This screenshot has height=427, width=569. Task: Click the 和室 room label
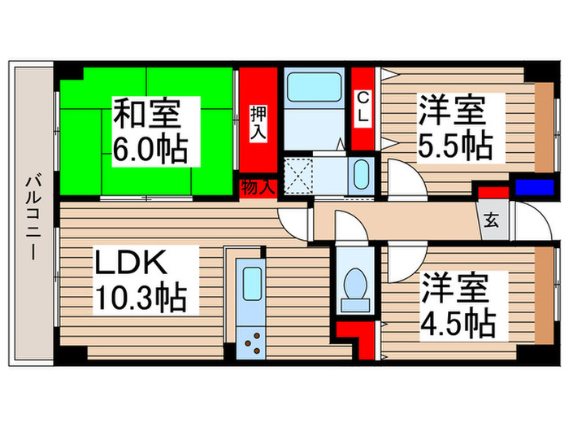[146, 112]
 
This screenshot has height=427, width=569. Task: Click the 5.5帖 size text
[454, 146]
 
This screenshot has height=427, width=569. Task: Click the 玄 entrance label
[493, 220]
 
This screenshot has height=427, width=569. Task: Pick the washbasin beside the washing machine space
[360, 173]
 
